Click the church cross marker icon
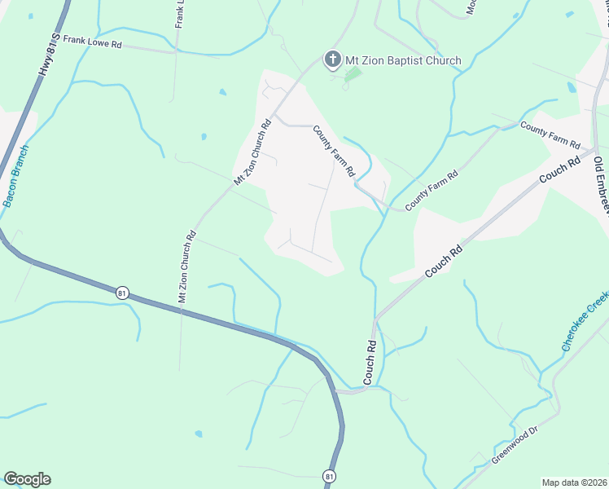(x=331, y=59)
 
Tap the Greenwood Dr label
(x=515, y=446)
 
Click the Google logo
(x=27, y=479)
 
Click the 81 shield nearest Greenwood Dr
(x=328, y=475)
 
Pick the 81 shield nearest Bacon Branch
(x=122, y=293)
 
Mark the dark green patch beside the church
(x=353, y=75)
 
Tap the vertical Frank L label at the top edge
(x=179, y=14)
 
